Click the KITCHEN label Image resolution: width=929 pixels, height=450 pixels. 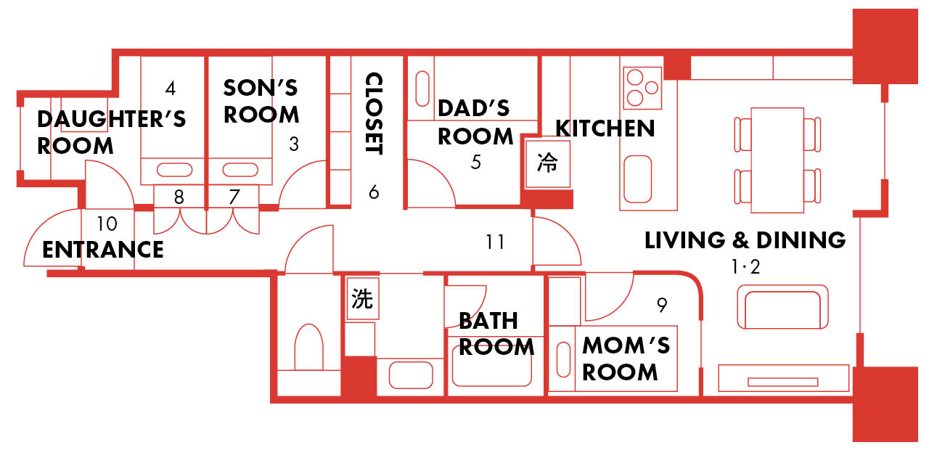click(x=605, y=128)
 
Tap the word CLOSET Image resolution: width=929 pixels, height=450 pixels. click(x=374, y=113)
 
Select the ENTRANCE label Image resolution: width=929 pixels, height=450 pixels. click(x=103, y=250)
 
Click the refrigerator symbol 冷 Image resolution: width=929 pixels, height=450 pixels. click(x=547, y=163)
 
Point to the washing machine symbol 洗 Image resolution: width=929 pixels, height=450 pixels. click(x=362, y=298)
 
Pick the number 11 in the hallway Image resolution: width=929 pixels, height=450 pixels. click(x=495, y=242)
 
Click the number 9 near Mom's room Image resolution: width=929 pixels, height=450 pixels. click(x=662, y=306)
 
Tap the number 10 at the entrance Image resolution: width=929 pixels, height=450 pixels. click(x=107, y=224)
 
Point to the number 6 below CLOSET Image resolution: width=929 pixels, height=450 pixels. click(x=374, y=192)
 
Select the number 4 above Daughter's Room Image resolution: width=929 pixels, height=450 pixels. click(x=170, y=89)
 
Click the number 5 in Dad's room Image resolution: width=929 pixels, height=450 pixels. click(x=475, y=162)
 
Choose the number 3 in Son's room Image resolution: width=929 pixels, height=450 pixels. click(x=294, y=144)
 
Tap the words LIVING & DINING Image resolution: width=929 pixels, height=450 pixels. click(x=745, y=240)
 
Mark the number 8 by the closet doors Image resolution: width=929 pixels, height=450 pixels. click(x=179, y=197)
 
